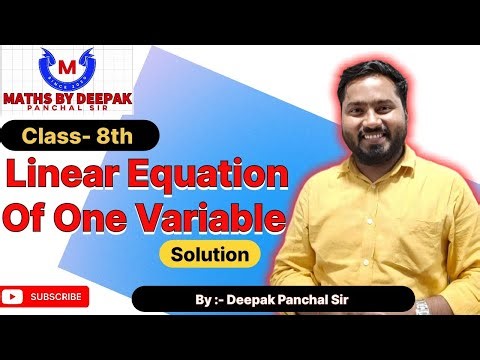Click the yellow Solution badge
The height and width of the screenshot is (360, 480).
pyautogui.click(x=209, y=254)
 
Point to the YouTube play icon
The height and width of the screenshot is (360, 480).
pyautogui.click(x=13, y=297)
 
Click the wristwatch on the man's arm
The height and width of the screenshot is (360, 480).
pyautogui.click(x=423, y=303)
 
